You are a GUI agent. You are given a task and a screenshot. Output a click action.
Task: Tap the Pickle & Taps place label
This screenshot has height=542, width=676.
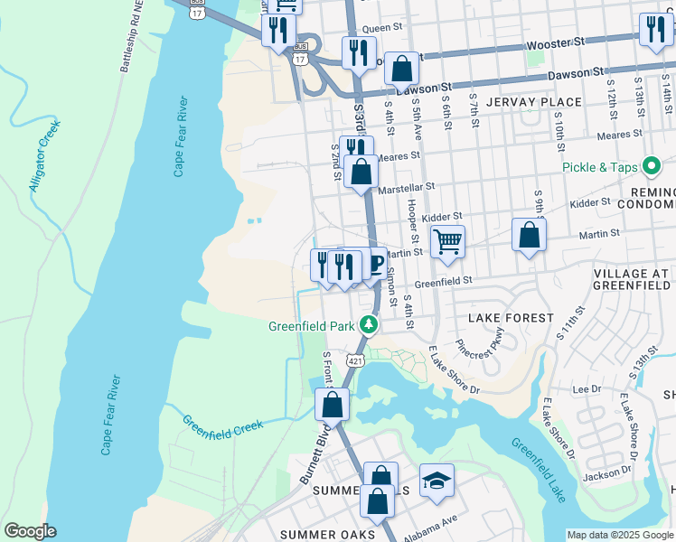click(597, 167)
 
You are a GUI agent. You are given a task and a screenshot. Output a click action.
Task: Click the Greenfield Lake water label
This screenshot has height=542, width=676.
click(539, 471)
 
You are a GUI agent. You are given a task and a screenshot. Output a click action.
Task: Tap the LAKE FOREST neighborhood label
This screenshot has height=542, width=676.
click(511, 318)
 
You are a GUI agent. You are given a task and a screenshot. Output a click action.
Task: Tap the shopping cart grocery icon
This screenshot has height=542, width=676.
click(447, 242)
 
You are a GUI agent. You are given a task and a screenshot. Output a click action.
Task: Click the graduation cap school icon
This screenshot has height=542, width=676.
click(437, 481)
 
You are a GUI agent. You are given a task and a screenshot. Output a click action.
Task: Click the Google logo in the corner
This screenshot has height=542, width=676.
click(30, 531)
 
